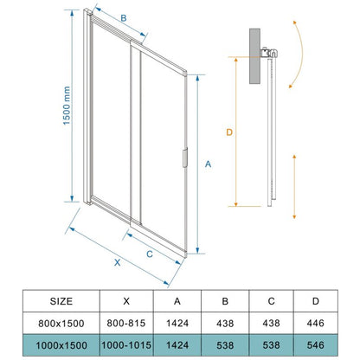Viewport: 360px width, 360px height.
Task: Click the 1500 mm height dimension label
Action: coord(67,106)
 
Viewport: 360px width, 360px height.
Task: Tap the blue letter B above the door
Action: coord(124,18)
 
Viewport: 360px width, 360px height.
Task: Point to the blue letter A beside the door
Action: coord(208,164)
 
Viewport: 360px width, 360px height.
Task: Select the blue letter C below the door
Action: coord(150,254)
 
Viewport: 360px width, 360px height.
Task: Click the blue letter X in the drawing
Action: coord(117,262)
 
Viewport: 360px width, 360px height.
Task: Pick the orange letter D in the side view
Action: coord(229,132)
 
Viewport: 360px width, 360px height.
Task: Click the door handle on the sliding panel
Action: coord(185,157)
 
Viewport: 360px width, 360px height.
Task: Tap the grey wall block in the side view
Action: coord(254,56)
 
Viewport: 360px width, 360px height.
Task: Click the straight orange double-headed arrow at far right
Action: coord(294,187)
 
